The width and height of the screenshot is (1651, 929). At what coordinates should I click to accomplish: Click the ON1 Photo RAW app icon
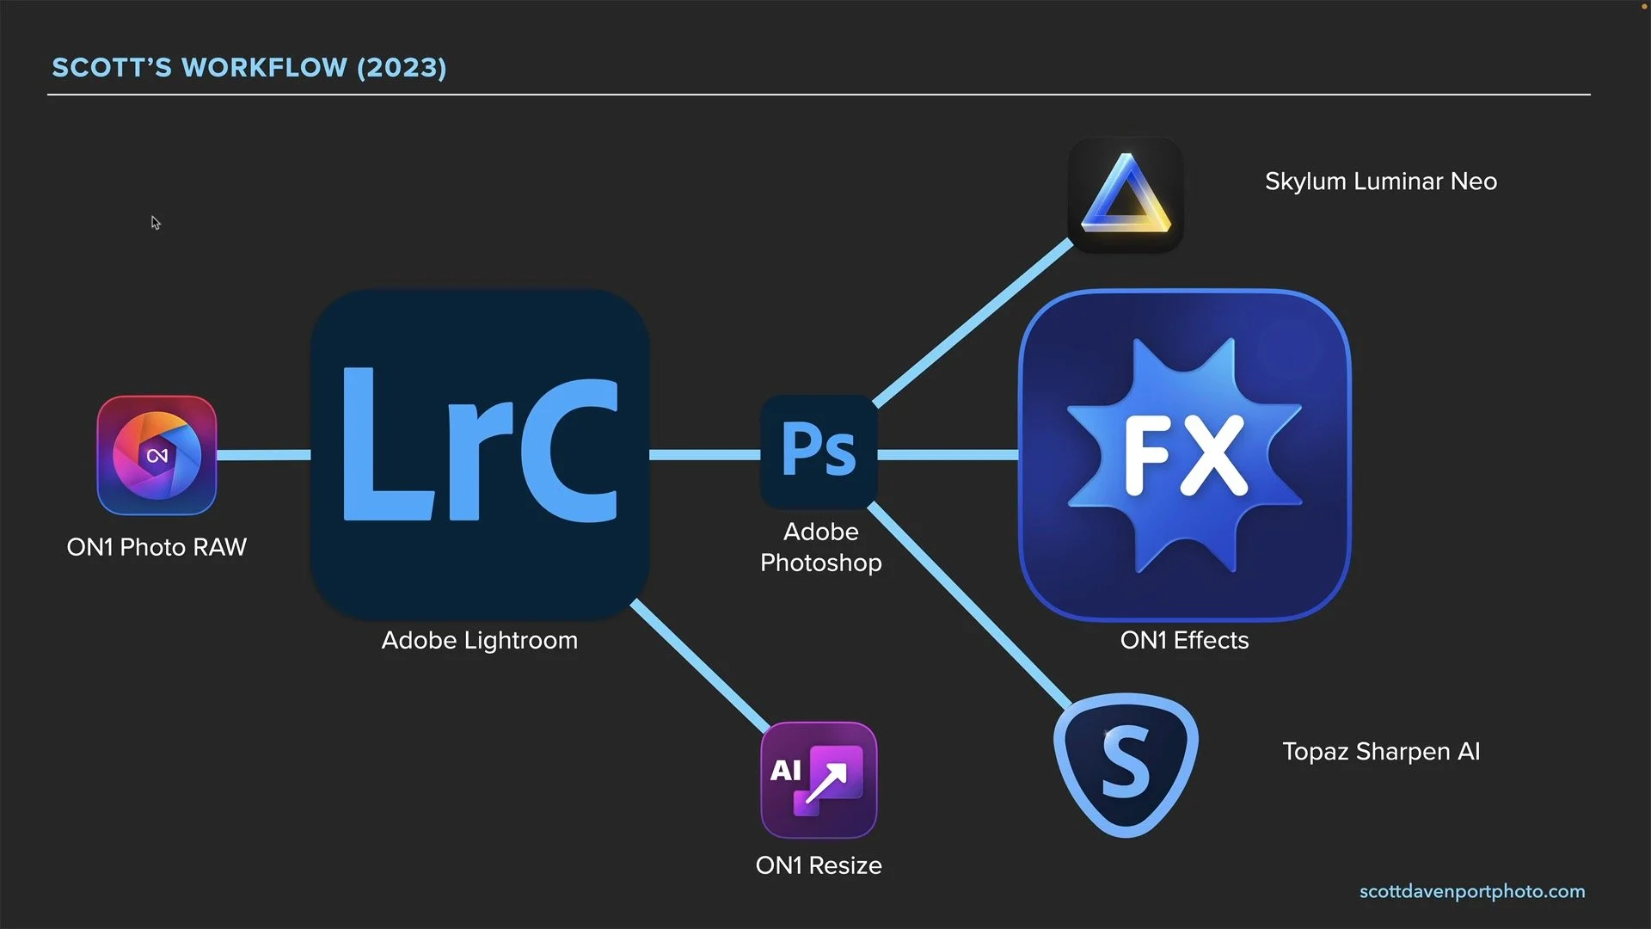point(157,455)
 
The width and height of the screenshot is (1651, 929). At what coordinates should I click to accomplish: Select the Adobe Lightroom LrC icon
point(480,453)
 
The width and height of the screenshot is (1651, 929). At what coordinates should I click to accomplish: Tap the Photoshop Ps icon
point(819,452)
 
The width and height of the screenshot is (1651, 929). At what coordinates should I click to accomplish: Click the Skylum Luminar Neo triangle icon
point(1126,195)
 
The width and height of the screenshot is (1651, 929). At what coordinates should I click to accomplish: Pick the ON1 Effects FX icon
point(1184,455)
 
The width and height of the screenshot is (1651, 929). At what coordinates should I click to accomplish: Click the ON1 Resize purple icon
point(819,779)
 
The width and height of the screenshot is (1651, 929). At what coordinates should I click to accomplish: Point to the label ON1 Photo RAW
point(157,547)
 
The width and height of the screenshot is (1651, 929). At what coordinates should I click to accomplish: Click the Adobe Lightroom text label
point(480,640)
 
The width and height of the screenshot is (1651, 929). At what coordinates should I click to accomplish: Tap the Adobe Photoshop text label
point(820,547)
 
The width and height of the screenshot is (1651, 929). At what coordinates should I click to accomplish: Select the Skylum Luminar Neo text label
point(1380,181)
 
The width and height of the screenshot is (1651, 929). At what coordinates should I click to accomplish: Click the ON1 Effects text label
point(1184,640)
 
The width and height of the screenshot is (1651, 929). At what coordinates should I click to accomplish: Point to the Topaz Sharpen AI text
point(1381,752)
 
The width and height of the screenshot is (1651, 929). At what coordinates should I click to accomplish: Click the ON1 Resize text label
point(819,865)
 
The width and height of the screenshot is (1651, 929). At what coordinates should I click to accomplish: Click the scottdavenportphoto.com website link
point(1472,892)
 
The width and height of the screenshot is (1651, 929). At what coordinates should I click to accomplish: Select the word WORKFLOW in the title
point(265,68)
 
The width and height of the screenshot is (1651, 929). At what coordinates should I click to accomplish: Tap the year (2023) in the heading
point(402,68)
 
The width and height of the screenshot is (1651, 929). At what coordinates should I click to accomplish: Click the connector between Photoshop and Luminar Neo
point(972,323)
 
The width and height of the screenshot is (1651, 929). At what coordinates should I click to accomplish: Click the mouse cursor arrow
point(156,223)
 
